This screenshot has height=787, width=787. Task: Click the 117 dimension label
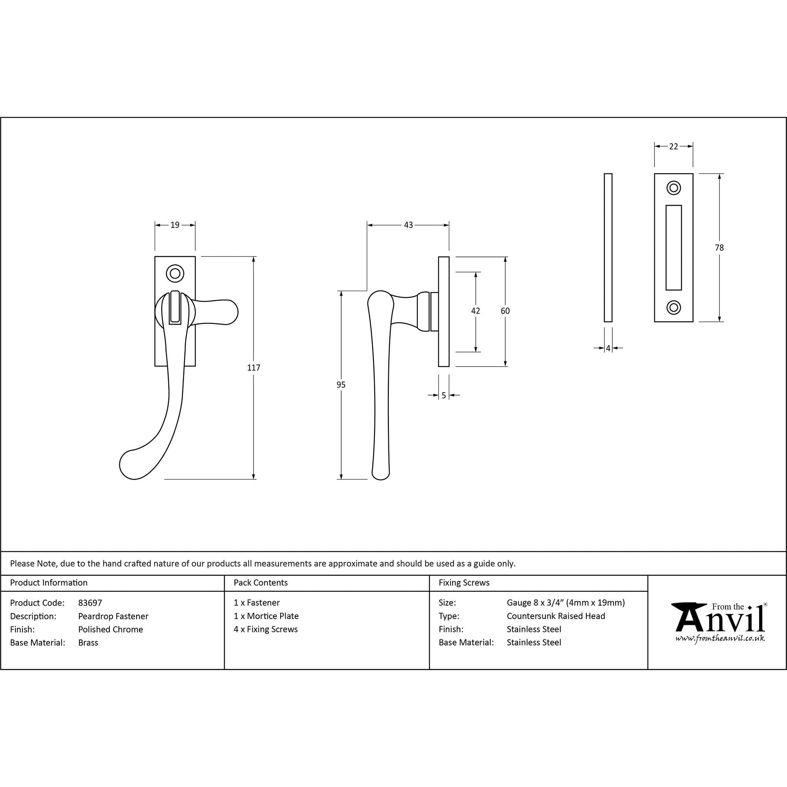pos(253,368)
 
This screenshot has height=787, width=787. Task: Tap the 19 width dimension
pos(175,225)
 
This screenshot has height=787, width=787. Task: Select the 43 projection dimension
pos(408,225)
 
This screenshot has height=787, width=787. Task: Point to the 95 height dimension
pos(341,384)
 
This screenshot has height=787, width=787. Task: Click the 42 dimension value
pos(475,311)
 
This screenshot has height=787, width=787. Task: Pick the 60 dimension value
pos(505,311)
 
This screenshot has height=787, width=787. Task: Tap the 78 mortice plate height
pos(719,247)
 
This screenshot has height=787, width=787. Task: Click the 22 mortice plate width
pos(674,146)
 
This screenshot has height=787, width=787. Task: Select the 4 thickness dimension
pos(608,348)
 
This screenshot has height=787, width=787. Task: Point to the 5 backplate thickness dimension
pos(444,395)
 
